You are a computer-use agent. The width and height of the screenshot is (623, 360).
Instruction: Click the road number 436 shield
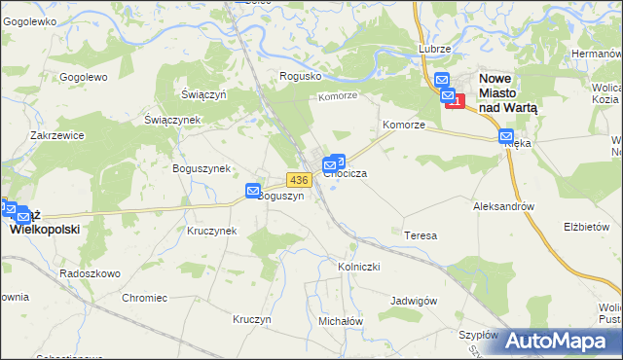pos(299,180)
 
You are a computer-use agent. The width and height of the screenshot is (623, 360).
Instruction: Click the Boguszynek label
pos(202,168)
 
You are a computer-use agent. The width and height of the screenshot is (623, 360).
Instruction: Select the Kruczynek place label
pos(212,231)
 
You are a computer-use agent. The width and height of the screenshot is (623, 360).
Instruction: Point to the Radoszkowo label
pos(90,273)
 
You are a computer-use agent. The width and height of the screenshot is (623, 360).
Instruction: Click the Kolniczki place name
pos(358,266)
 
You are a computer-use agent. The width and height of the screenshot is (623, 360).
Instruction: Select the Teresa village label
pos(420,235)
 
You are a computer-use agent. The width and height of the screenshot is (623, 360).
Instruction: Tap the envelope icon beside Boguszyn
pos(253,192)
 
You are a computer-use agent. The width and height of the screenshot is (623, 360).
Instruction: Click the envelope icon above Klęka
pos(505,138)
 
